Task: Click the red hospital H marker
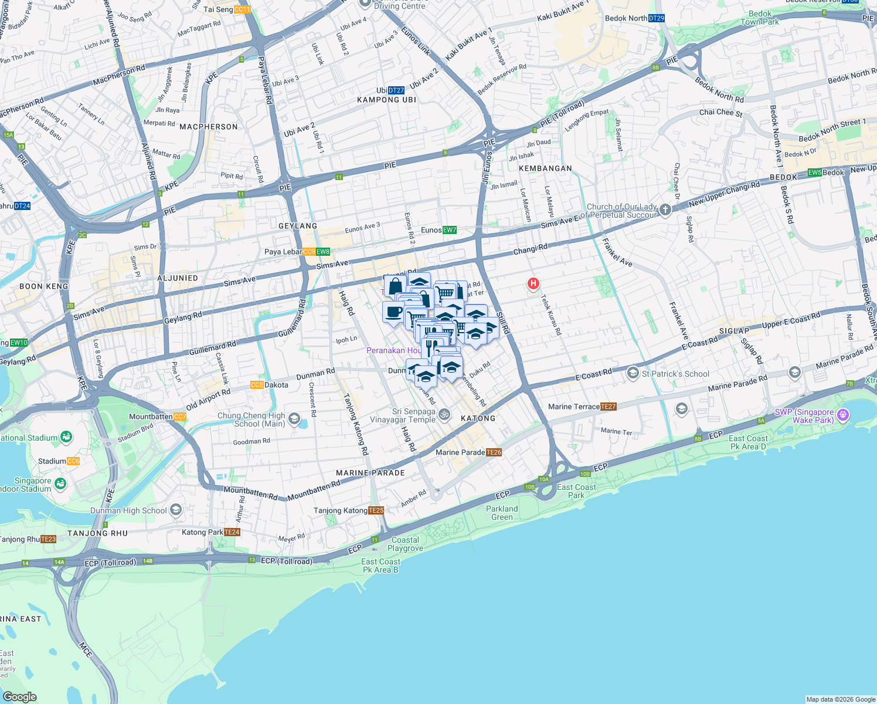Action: (x=533, y=284)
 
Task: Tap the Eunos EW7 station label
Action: (x=438, y=230)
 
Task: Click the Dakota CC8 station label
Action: (x=270, y=385)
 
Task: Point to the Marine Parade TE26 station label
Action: (x=468, y=452)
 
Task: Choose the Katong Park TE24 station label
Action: (x=211, y=532)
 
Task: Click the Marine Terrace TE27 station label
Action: (x=582, y=407)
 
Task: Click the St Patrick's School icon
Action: (x=633, y=373)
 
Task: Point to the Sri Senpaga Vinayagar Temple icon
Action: (x=444, y=415)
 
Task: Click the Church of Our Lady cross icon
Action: (x=665, y=209)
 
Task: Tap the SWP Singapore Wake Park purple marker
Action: (x=843, y=415)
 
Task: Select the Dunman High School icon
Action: (x=176, y=510)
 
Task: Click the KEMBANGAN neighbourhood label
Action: (x=545, y=168)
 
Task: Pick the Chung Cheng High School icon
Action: (x=294, y=419)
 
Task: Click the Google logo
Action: (x=19, y=696)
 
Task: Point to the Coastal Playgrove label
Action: (x=405, y=544)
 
